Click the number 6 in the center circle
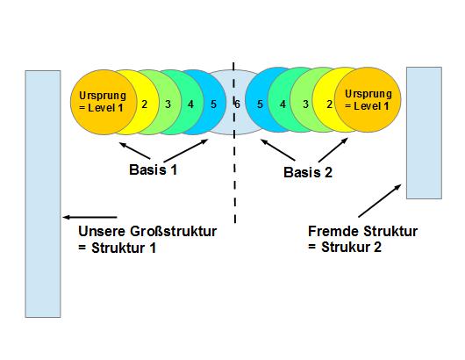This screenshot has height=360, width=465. click(237, 104)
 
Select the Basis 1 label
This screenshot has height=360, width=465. click(153, 169)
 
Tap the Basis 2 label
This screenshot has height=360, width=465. click(308, 172)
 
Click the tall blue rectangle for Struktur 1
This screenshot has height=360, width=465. click(43, 194)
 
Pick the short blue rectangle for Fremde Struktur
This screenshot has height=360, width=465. click(424, 133)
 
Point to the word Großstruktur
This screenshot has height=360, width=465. click(173, 231)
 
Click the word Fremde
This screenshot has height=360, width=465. click(333, 231)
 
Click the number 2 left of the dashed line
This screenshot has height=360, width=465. click(145, 104)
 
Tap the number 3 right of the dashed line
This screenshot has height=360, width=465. click(305, 104)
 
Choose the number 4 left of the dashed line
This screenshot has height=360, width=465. click(190, 104)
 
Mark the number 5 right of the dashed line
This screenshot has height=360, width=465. click(260, 104)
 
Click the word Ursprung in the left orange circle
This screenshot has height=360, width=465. click(103, 96)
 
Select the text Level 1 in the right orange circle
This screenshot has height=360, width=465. click(371, 106)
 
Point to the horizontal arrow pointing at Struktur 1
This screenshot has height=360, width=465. click(89, 217)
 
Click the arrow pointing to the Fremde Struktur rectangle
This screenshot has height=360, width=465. click(380, 201)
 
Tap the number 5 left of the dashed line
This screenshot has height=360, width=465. click(213, 104)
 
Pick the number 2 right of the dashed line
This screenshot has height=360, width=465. click(329, 104)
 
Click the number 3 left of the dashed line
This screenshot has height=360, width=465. click(168, 104)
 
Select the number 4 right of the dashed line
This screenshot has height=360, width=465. click(283, 104)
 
